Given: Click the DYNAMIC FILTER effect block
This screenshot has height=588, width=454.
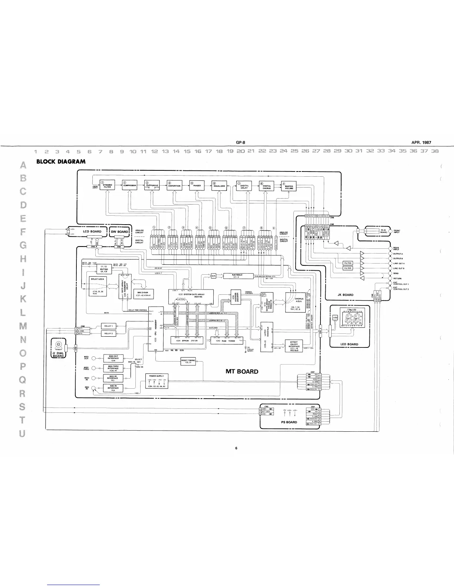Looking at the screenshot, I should coord(108,186).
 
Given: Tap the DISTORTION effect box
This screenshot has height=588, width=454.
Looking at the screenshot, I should coord(174,186).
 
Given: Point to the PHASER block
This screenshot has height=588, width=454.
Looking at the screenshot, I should coord(197,186).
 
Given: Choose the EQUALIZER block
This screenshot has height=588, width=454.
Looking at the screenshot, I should coord(220,186).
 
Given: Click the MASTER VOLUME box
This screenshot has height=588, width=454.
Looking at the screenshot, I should coord(289,187).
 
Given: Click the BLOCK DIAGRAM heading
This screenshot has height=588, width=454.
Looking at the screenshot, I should coord(60,161).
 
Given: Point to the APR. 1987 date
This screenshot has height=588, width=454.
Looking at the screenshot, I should coord(421,142).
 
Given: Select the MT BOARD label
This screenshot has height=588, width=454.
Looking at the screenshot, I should coord(242,371).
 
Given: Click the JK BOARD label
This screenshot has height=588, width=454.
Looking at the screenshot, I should coord(345,295).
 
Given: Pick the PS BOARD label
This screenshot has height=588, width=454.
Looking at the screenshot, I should coord(289,422).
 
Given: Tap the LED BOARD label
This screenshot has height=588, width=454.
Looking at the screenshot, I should coord(349,344).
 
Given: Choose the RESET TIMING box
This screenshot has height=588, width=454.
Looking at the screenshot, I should coord(188,361).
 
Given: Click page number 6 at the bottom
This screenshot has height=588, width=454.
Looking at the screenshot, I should coord(236,448).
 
